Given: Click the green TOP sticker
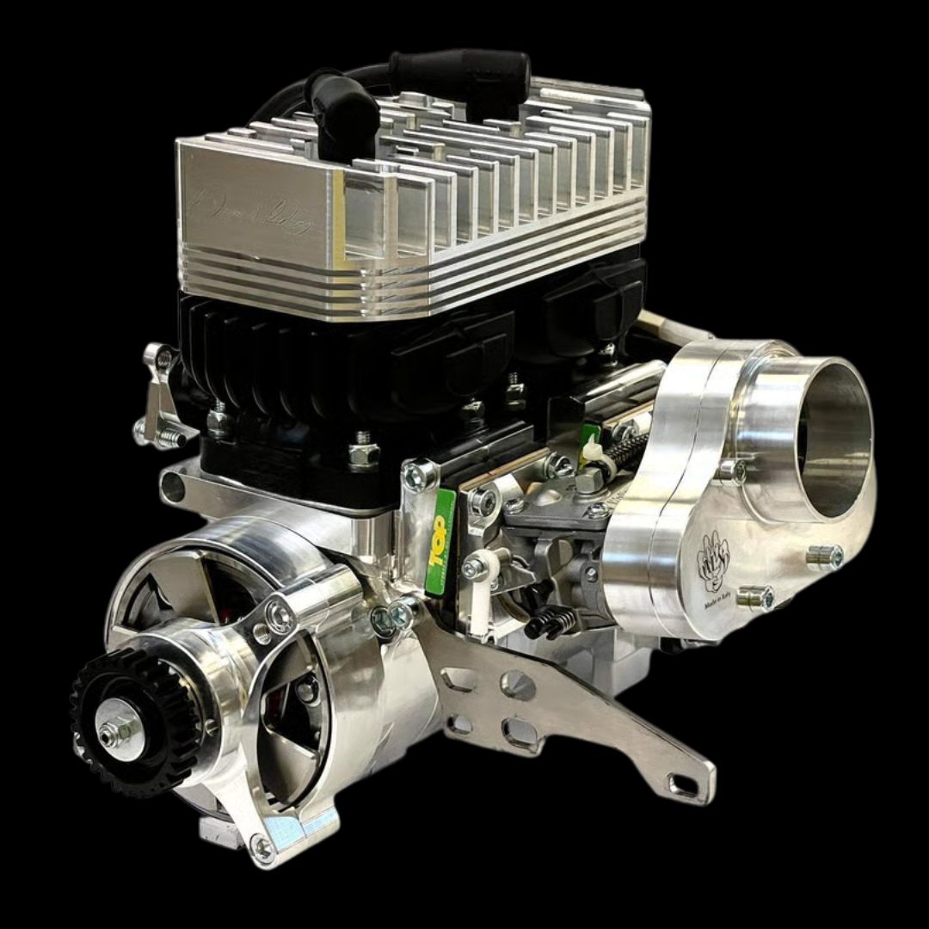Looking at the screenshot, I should click(440, 542).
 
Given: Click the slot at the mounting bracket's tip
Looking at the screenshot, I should click(684, 784).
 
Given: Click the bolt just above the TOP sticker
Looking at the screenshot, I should click(419, 476).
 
